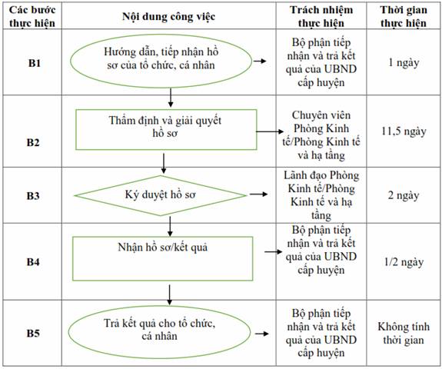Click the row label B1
pyautogui.click(x=35, y=63)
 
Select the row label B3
pyautogui.click(x=33, y=195)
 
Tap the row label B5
pyautogui.click(x=33, y=333)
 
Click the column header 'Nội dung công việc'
pyautogui.click(x=168, y=16)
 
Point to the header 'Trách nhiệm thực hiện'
pyautogui.click(x=321, y=16)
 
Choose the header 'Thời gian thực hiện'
pyautogui.click(x=404, y=16)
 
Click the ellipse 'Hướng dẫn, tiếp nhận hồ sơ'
pyautogui.click(x=161, y=61)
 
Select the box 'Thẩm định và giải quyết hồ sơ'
pyautogui.click(x=166, y=129)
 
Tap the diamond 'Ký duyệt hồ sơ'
pyautogui.click(x=161, y=195)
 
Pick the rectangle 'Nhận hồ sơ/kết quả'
pyautogui.click(x=163, y=258)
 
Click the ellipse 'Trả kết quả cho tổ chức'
pyautogui.click(x=160, y=332)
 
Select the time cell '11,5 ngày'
pyautogui.click(x=404, y=131)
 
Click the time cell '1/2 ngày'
pyautogui.click(x=404, y=262)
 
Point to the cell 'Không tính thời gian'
pyautogui.click(x=404, y=333)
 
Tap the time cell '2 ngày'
pyautogui.click(x=404, y=195)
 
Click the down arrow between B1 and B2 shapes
pyautogui.click(x=170, y=98)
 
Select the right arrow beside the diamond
pyautogui.click(x=258, y=194)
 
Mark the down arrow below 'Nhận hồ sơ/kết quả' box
pyautogui.click(x=169, y=295)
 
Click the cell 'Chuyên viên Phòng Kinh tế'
pyautogui.click(x=321, y=135)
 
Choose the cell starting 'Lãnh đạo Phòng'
pyautogui.click(x=321, y=195)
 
